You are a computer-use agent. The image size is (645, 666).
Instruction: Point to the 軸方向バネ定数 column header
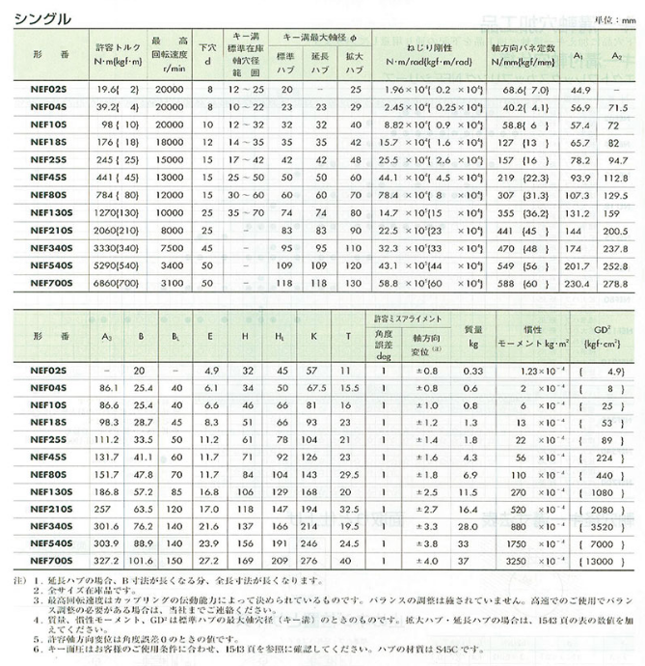pos(524,54)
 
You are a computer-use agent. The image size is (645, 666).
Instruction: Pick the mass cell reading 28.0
pos(470,527)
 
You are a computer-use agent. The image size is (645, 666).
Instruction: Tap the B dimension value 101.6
pos(140,562)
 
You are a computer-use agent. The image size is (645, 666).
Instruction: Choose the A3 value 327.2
pos(107,562)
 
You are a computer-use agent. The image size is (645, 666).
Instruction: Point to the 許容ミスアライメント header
pos(408,319)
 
